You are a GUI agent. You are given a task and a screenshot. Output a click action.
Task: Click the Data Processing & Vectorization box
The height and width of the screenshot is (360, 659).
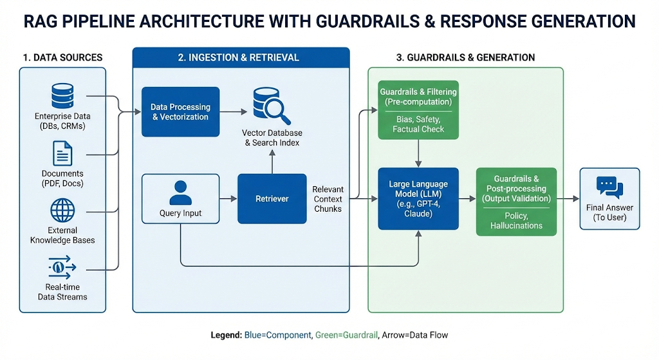point(180,112)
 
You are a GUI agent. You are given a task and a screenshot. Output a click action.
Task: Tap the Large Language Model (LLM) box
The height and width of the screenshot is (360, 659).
point(418,198)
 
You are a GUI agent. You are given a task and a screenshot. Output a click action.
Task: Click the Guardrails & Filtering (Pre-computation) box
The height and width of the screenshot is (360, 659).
point(418,110)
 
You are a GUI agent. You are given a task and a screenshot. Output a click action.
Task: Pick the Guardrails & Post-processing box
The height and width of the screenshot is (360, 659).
point(516,202)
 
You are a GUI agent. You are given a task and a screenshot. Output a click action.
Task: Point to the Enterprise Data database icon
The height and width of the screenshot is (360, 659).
point(62,97)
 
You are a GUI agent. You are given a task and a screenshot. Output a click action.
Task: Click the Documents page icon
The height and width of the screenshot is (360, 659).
point(62,154)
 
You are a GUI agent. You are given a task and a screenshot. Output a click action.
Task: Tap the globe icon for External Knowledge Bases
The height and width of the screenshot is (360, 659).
point(62,211)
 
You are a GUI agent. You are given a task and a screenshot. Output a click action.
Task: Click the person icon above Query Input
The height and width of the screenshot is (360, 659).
point(181,192)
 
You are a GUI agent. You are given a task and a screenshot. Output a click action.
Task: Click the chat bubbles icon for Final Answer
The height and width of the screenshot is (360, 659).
point(609,186)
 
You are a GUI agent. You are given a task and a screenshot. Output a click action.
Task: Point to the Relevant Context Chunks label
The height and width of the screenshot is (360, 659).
point(328,199)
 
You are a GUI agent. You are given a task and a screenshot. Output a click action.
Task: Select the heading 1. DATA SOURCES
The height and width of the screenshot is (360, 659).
point(62,57)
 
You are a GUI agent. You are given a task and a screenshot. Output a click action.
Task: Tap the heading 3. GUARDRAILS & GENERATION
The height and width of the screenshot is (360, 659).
point(465,57)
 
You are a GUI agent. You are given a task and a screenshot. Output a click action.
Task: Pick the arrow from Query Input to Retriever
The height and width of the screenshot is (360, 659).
point(228,199)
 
